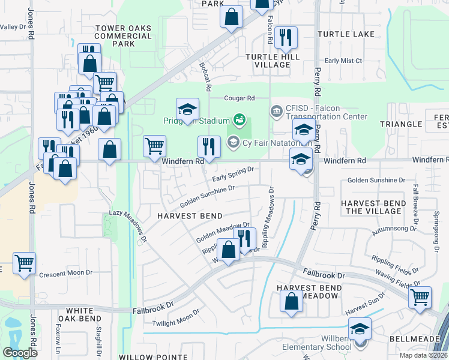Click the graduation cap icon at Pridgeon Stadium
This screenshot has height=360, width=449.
coord(187,110)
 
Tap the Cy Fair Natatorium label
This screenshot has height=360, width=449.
coord(268,143)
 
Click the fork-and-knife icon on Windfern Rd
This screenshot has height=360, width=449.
coord(209,146)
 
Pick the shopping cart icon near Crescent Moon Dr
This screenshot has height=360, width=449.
coord(24,263)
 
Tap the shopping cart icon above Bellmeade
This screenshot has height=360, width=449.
coord(420,296)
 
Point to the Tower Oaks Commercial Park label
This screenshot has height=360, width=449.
coord(123,36)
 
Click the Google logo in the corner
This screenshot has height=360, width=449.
coord(20,353)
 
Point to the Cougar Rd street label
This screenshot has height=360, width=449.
coord(240,98)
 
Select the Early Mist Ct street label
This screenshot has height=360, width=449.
coord(343,61)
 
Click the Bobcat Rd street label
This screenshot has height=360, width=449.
coord(206,77)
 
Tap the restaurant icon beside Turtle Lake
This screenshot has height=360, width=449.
coord(288,38)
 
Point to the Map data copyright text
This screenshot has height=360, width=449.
coord(423,355)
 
